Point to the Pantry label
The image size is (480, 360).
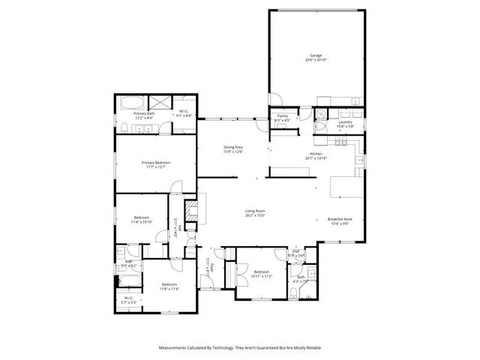[x=283, y=117]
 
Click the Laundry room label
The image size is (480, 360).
[x=345, y=123]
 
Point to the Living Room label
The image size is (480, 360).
[x=256, y=213]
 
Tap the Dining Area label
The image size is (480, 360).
[x=233, y=148]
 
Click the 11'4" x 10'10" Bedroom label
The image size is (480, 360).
[x=142, y=220]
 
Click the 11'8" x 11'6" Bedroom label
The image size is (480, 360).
[x=169, y=286]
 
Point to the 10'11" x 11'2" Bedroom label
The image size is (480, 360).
[x=260, y=273]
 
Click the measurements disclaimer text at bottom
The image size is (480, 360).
[x=239, y=348]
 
